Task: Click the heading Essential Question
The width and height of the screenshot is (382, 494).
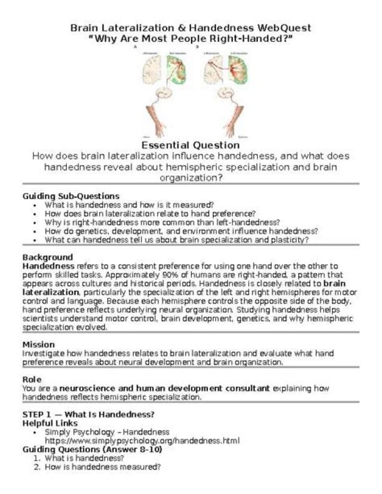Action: (190, 145)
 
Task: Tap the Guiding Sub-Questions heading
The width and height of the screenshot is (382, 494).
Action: (71, 196)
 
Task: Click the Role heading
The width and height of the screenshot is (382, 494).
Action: (32, 379)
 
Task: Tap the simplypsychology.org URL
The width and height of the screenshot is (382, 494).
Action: (142, 440)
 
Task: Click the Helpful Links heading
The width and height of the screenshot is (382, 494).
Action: (50, 423)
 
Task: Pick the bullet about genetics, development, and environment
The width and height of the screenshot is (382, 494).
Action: (181, 231)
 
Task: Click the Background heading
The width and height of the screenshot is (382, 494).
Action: (47, 257)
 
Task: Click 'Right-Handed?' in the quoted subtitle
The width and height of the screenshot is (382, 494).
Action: (262, 38)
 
